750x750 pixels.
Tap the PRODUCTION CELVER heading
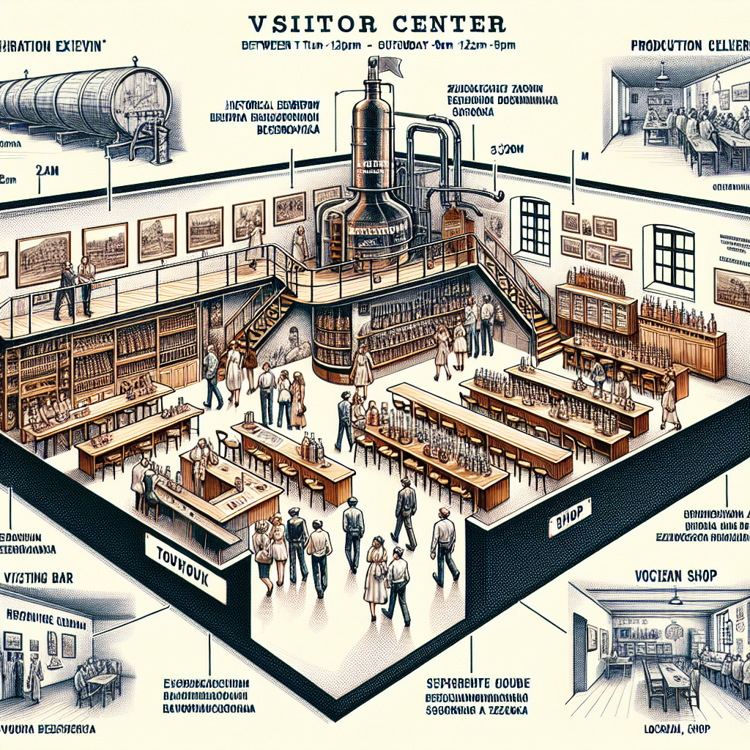coord(688,46)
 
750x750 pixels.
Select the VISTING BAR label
coord(41,577)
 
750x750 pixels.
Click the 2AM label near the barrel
coord(45,171)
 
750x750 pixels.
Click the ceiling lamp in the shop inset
coord(675,599)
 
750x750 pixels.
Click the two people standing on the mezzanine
coord(75,287)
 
